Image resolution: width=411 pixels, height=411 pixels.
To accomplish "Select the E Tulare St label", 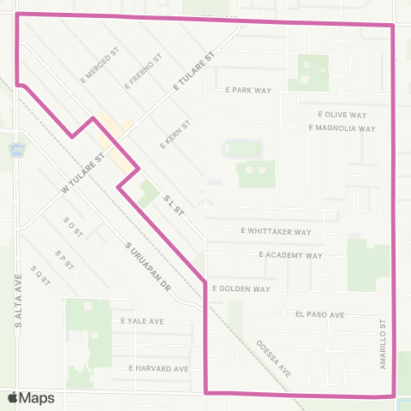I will point(192,71).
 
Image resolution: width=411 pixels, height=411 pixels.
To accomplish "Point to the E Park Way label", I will point(247,89).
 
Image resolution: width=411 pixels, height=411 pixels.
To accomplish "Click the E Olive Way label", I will point(342,114).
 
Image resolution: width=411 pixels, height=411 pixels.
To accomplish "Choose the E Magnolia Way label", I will point(342,128).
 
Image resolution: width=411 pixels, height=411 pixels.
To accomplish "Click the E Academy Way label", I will point(290,255).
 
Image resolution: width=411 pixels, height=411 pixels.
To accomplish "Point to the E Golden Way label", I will point(241,289).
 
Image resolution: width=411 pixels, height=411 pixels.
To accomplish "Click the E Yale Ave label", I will point(142,321).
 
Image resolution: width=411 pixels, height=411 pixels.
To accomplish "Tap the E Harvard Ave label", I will point(158,368).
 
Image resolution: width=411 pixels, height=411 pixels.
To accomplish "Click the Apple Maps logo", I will point(31,397).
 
